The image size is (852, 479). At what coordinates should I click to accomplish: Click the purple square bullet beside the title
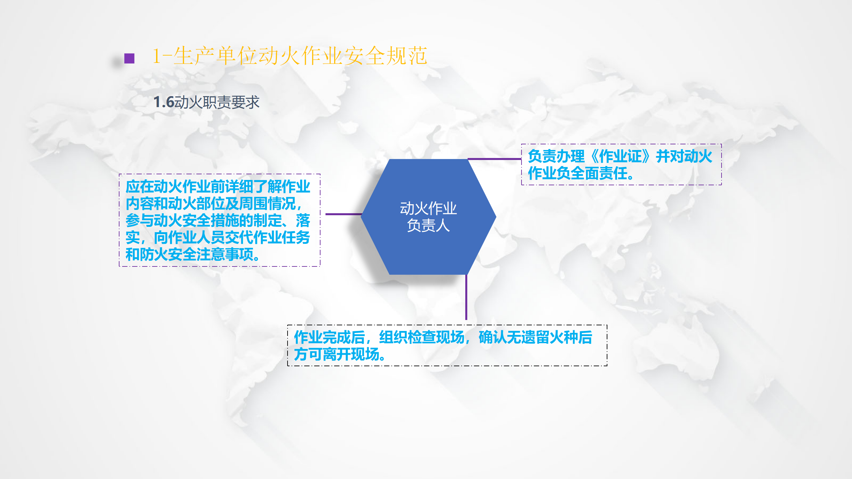click(129, 59)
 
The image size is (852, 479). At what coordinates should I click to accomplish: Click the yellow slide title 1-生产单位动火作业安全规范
click(290, 56)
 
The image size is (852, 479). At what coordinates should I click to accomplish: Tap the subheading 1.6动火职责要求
click(206, 102)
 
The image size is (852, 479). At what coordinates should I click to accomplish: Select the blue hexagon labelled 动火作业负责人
click(428, 217)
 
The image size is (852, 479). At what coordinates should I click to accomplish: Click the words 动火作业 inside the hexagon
click(428, 209)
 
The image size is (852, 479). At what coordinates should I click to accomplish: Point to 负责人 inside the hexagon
click(428, 226)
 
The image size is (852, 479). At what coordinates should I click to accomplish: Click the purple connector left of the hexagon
click(343, 214)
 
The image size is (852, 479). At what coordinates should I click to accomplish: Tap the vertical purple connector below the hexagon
click(466, 297)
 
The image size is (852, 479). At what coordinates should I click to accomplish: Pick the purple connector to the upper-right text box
click(495, 159)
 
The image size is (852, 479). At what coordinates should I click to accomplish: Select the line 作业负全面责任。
click(581, 173)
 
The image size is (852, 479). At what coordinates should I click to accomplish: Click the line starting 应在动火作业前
click(218, 187)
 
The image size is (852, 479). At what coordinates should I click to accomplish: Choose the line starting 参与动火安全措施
click(218, 221)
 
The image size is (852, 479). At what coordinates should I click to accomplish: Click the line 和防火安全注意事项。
click(193, 254)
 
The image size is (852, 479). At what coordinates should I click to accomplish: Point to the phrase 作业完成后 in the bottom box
click(329, 337)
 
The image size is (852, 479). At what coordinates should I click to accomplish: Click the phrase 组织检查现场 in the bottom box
click(422, 337)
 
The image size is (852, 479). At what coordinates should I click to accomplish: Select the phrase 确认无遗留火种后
click(535, 337)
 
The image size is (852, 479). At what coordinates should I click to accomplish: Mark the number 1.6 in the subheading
click(164, 102)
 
